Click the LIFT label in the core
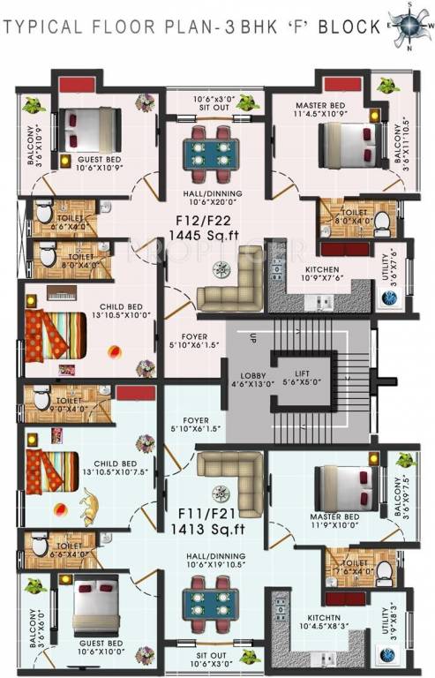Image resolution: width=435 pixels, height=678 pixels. pyautogui.click(x=301, y=374)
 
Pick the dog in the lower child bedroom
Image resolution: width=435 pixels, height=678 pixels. pyautogui.click(x=88, y=505)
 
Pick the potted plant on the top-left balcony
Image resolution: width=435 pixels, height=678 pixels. pyautogui.click(x=33, y=104)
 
